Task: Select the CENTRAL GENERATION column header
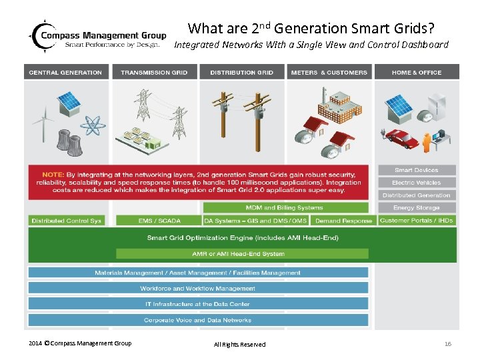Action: (65, 72)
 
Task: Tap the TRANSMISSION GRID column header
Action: (154, 72)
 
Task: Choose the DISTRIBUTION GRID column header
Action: (241, 72)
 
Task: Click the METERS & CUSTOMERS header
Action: (329, 72)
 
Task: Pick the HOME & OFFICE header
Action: (417, 72)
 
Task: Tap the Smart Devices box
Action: (417, 170)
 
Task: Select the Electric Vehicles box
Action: (417, 183)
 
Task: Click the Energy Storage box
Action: (417, 208)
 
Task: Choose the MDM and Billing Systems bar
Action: (285, 208)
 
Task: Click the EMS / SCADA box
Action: (157, 221)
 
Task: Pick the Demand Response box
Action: (343, 221)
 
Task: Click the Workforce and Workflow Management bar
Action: (197, 289)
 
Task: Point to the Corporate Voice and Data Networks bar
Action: (197, 321)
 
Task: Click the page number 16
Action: (448, 344)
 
